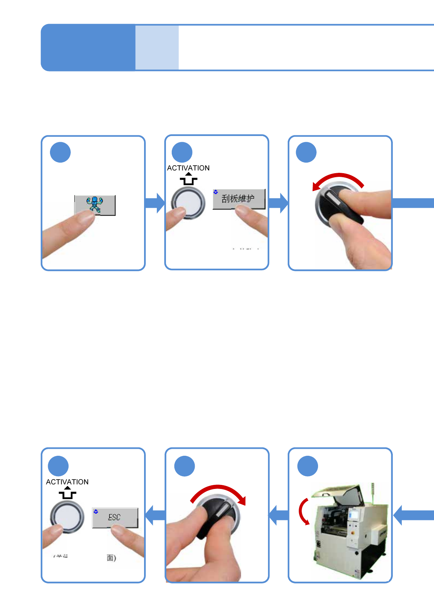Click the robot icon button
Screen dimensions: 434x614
[x=95, y=205]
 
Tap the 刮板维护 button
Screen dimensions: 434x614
[x=239, y=198]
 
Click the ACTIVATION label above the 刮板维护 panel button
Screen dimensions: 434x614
[x=188, y=168]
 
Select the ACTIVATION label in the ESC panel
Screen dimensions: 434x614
[x=67, y=482]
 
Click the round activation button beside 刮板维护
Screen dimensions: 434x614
[x=188, y=202]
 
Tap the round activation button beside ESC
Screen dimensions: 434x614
[x=67, y=517]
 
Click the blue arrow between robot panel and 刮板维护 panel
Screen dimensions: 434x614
[x=155, y=203]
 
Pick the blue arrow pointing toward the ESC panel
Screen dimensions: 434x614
[x=155, y=515]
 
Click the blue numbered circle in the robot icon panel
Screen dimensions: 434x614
[x=60, y=152]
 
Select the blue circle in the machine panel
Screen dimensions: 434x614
[x=307, y=466]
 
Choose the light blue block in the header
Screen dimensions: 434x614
[x=157, y=47]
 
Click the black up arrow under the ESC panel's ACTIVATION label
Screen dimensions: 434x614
[x=67, y=493]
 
